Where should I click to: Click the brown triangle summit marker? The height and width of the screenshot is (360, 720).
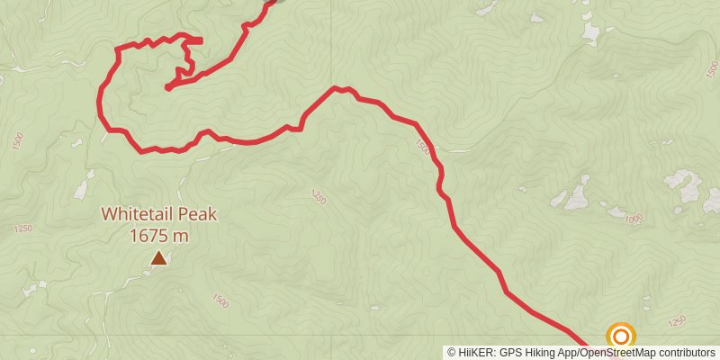(158, 259)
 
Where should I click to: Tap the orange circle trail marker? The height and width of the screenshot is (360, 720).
(621, 337)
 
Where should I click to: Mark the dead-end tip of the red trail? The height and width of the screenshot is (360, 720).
(168, 87)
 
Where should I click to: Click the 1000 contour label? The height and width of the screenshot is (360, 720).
(634, 218)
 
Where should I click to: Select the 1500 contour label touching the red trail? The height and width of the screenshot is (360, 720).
(422, 145)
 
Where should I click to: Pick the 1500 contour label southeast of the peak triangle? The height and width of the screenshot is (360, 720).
(219, 301)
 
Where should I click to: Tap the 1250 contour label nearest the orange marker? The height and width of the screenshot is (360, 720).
(678, 319)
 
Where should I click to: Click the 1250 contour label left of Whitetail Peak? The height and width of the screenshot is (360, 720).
(23, 229)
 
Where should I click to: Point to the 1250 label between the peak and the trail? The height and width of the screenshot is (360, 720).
(318, 195)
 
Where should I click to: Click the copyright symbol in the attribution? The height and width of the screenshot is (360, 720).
(452, 352)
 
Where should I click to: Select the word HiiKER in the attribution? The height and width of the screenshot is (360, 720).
(474, 352)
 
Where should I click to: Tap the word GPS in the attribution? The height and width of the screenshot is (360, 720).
(509, 352)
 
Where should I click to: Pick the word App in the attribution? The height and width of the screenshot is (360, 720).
(567, 352)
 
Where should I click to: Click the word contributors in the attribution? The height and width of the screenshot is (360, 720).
(688, 352)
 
